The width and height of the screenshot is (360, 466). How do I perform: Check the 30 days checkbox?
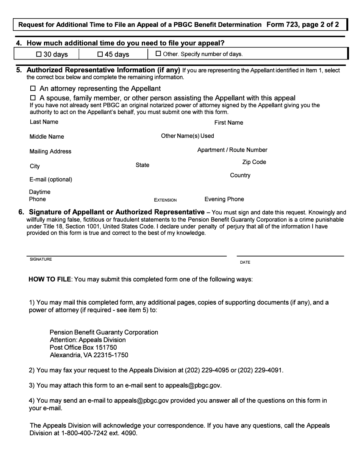pos(39,54)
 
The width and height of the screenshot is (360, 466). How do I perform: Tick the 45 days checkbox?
pos(100,54)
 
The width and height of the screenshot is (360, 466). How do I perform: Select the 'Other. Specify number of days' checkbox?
pos(158,54)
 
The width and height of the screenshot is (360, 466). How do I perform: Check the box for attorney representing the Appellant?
pos(33,88)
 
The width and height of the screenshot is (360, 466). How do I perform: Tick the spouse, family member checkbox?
pos(33,98)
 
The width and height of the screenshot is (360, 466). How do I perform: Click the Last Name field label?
pos(44,122)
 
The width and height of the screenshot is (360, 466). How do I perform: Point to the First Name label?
pos(229,123)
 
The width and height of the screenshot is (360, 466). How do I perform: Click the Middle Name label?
pos(47,137)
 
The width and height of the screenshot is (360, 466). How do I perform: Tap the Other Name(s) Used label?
pos(187,136)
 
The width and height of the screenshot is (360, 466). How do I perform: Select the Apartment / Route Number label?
pos(232,150)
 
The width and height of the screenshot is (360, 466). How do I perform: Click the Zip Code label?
pos(254,162)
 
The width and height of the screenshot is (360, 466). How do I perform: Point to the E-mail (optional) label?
pos(50,180)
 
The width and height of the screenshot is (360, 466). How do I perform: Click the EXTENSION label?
pos(165,200)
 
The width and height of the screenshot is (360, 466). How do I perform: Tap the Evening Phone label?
pos(224,199)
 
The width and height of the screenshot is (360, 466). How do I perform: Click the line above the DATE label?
pos(290,256)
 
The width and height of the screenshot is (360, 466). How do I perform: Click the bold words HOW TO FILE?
pos(50,280)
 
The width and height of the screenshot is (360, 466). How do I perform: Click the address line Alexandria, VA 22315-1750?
pos(89,355)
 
